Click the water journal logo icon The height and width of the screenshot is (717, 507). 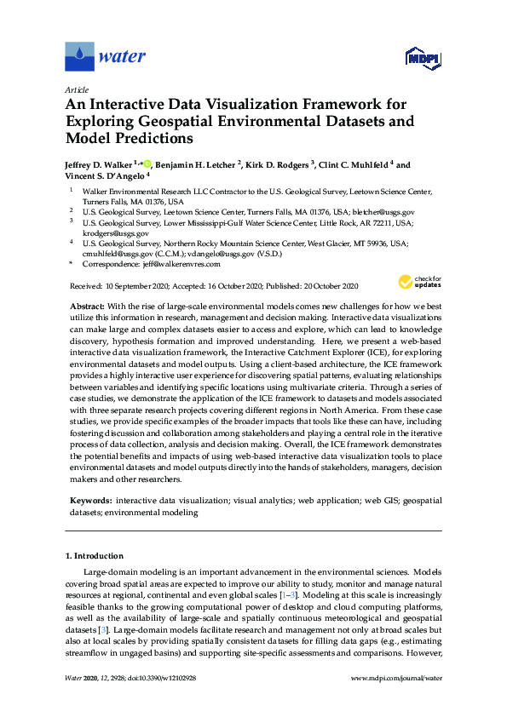79,57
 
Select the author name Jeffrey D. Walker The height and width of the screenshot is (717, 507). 101,165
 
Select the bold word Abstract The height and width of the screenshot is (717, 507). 84,305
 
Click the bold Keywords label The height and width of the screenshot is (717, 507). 89,501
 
